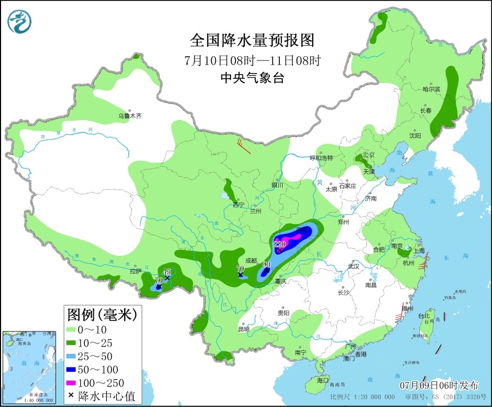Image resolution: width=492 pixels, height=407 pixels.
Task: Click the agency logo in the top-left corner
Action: coord(20,21)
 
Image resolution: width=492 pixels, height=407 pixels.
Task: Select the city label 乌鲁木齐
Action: coord(130,116)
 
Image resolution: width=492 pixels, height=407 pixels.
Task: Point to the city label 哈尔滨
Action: coord(431,89)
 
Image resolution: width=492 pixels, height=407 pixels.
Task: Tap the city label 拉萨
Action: coord(136,271)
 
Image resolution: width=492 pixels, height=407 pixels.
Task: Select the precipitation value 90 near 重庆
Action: coord(266,264)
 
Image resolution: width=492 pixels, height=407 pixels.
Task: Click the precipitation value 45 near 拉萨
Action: coord(167,271)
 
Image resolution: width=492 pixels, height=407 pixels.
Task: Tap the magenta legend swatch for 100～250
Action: coord(72,384)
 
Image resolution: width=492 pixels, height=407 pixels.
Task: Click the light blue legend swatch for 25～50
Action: coord(72,356)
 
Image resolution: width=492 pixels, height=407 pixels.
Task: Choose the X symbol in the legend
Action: coord(71,397)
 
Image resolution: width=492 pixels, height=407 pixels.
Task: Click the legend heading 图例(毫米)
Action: coord(102,314)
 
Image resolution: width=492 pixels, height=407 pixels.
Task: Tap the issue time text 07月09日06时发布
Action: coord(439,386)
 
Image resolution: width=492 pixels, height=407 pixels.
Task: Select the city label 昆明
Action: coord(243,329)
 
